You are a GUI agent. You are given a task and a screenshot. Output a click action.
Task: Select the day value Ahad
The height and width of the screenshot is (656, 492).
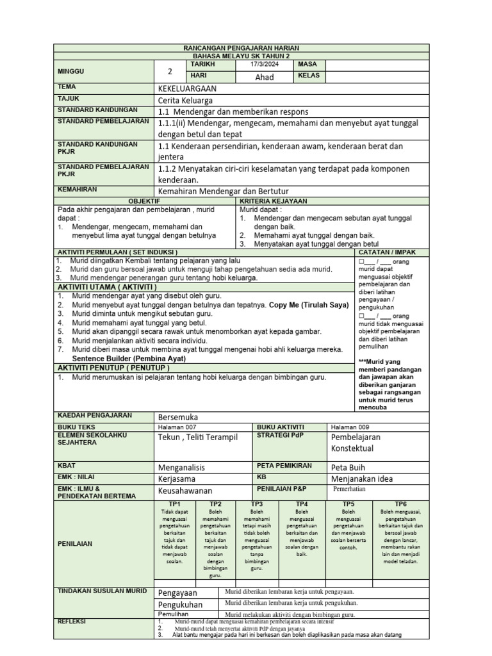click(x=264, y=77)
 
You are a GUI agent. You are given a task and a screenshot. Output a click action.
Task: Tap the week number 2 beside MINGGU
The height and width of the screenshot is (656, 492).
click(x=170, y=72)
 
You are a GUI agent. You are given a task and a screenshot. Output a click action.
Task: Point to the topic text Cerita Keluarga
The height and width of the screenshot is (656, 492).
click(x=185, y=100)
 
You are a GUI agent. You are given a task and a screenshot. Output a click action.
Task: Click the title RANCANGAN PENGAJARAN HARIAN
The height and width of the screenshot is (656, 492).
click(x=242, y=48)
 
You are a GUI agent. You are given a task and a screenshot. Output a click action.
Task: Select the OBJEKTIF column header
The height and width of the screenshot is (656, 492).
click(x=144, y=201)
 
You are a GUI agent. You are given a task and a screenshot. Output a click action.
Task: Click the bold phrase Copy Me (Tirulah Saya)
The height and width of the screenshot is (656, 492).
click(x=309, y=305)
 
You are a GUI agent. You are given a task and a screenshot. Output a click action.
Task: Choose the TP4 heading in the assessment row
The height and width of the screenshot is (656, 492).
click(x=302, y=504)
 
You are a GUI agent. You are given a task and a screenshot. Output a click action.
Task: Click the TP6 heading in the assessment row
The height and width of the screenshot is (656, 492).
click(x=400, y=504)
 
